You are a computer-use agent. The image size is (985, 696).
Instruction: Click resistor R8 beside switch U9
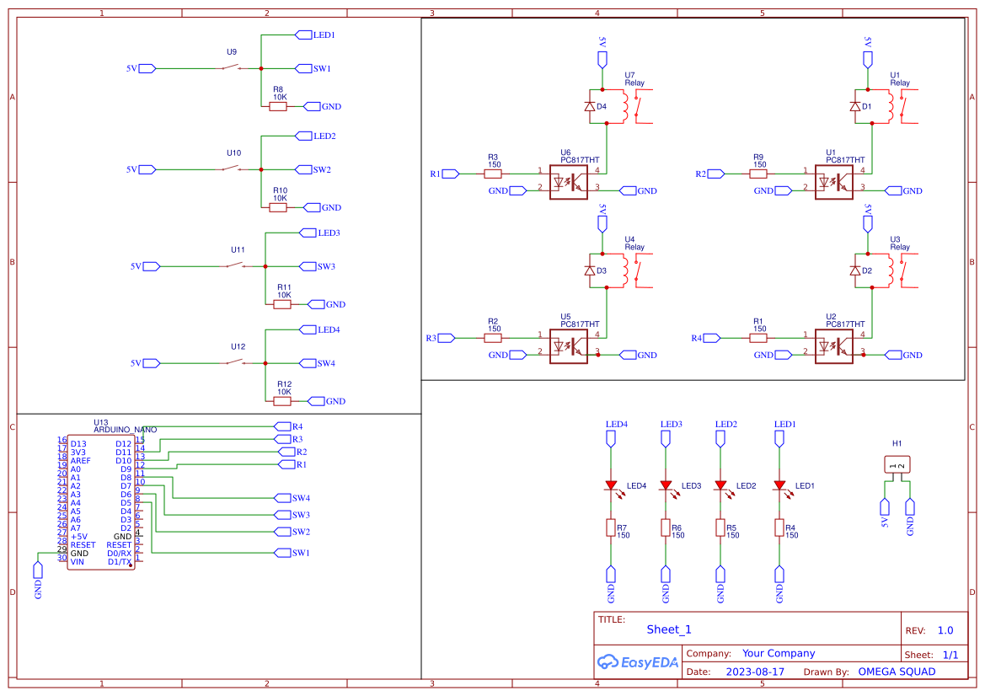(x=277, y=106)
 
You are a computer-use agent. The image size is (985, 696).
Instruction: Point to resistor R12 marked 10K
(x=282, y=401)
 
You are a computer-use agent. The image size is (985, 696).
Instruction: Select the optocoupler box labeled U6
(x=568, y=181)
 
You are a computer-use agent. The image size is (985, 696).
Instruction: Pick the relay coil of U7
(x=624, y=105)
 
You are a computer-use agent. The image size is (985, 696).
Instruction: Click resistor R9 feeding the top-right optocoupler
(x=759, y=174)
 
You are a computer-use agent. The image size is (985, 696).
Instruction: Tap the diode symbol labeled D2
(x=856, y=270)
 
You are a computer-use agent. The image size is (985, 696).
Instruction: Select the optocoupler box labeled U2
(x=833, y=345)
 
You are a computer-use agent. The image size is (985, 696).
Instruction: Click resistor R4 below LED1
(x=779, y=528)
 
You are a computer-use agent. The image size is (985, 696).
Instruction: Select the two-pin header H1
(x=897, y=464)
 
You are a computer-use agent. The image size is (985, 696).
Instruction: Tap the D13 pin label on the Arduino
(x=78, y=443)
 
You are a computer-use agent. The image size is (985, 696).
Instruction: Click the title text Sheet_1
(x=669, y=629)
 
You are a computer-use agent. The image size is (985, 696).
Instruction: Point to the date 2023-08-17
(x=755, y=672)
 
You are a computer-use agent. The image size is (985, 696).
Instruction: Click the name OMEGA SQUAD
(x=897, y=672)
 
